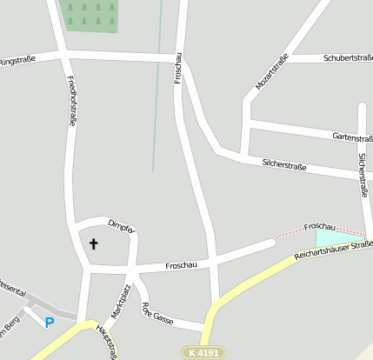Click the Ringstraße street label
point(19,61)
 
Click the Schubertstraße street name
point(348,58)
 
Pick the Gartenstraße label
point(352,137)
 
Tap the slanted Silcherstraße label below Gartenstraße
point(284,164)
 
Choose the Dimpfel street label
point(121,226)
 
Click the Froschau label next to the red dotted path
point(319,227)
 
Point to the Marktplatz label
point(120,301)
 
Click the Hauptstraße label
point(106,341)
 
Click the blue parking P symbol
point(50,323)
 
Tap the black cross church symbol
point(93,244)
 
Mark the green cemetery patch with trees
point(90,15)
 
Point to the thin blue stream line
point(157,96)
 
